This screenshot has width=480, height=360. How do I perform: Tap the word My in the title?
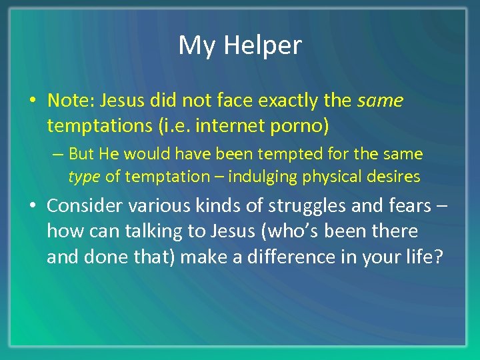[x=197, y=45]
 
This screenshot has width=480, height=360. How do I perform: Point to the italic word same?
[x=380, y=101]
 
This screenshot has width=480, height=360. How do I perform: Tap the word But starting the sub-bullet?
[x=81, y=154]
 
